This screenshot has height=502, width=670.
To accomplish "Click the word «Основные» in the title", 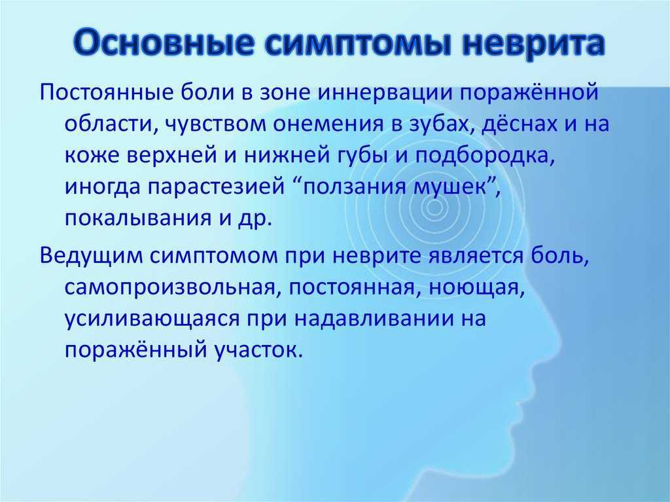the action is (162, 43).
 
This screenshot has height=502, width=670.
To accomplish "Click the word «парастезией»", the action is (216, 187).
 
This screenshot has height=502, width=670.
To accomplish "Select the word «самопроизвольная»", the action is (169, 288).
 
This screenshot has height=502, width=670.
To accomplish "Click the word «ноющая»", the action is (476, 288).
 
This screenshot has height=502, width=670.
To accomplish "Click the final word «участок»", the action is (256, 351).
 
